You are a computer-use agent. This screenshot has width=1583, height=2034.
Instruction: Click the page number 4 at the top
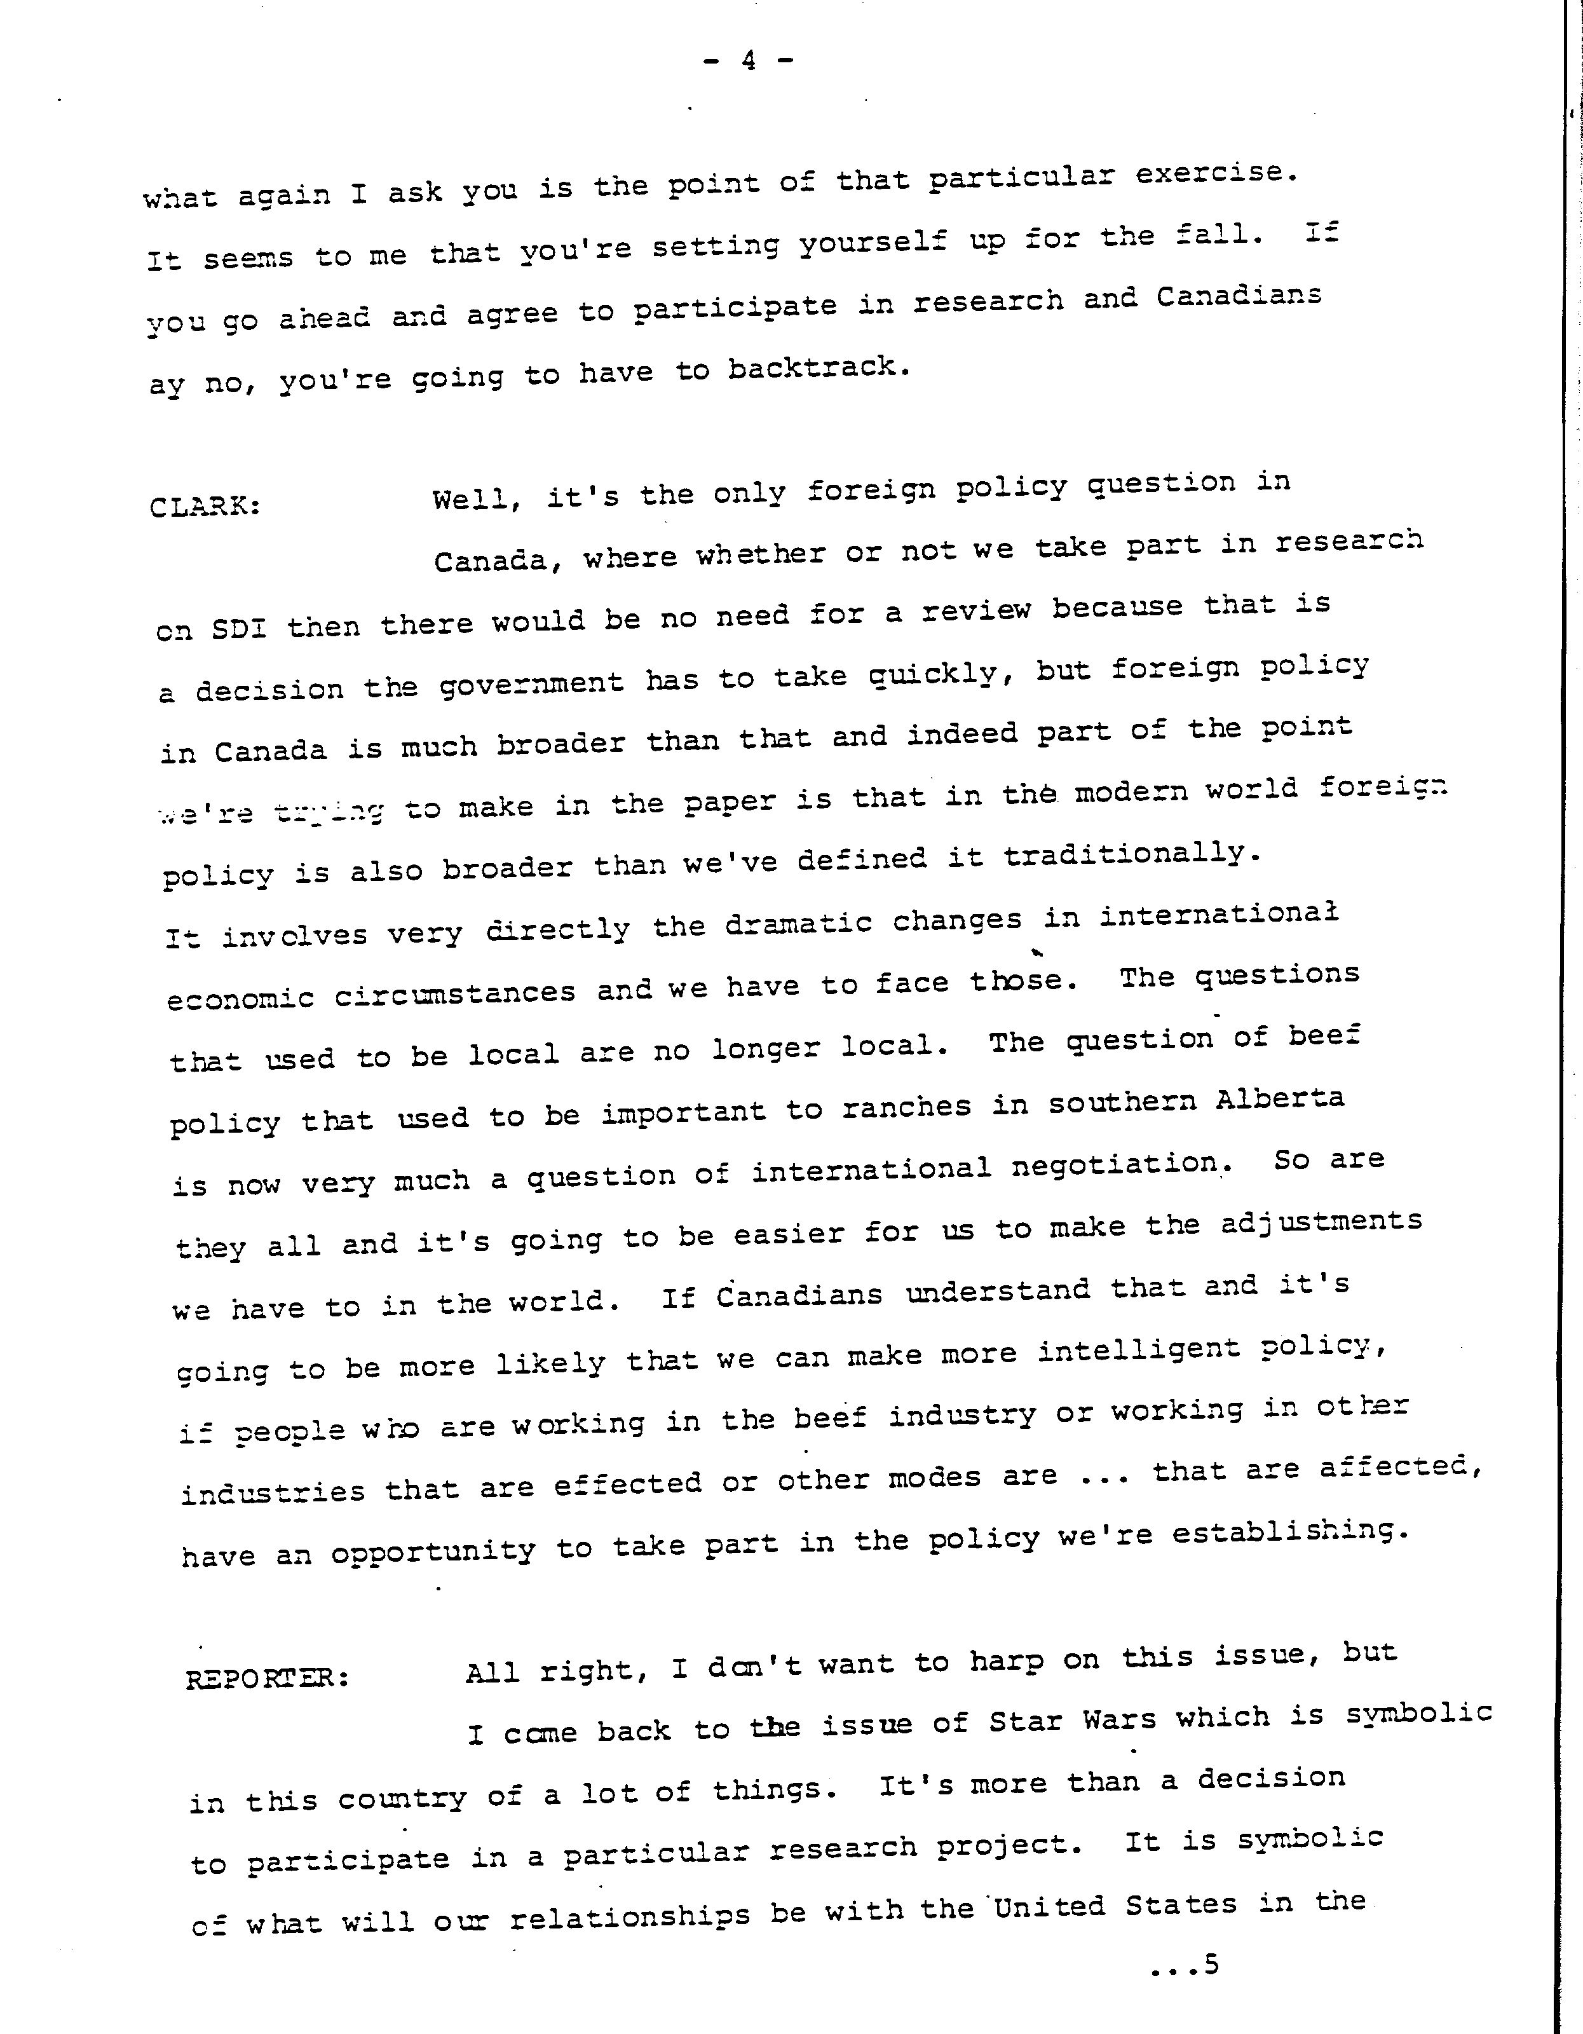748,62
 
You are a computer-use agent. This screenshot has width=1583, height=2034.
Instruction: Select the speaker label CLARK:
205,507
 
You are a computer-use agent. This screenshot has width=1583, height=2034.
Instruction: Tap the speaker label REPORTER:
268,1678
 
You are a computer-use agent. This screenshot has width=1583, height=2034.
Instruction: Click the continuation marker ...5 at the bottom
1185,1965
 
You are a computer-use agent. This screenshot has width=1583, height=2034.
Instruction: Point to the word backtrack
818,369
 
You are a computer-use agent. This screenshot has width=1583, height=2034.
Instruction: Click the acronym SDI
240,628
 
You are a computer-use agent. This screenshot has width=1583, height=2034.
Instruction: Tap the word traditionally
1131,854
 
